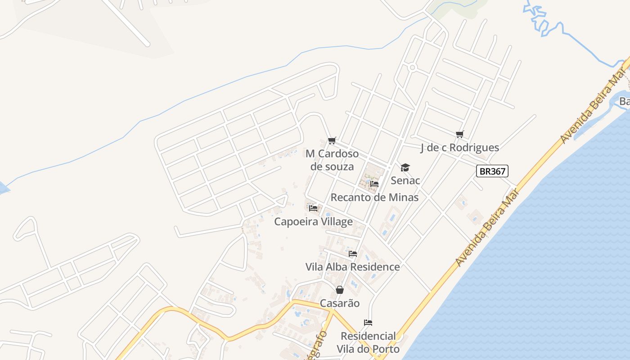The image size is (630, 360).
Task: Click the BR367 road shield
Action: pos(492,171)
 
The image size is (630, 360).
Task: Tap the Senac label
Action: pos(405,180)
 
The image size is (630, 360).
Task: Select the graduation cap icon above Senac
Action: pos(405,168)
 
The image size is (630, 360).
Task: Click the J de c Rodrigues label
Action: pos(459,147)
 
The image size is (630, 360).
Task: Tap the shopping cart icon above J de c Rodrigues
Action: pos(459,134)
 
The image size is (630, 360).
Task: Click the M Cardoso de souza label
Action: pos(332,160)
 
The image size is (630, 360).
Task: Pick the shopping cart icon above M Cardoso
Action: pos(332,141)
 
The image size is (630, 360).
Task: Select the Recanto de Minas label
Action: pos(374,197)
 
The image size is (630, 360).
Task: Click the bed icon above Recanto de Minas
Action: pos(374,184)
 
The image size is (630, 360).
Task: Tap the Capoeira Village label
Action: pos(313,221)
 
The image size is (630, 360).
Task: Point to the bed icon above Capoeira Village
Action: pos(313,208)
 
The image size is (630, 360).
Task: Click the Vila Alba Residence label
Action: pos(352,267)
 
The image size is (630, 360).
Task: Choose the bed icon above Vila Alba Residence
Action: pos(353,254)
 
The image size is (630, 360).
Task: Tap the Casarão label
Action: pos(340,303)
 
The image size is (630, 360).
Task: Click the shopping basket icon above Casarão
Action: pos(340,290)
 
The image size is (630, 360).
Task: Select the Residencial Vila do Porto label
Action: pos(368,342)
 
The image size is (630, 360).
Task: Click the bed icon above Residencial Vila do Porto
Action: pos(368,323)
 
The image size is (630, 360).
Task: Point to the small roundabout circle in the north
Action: pos(413,67)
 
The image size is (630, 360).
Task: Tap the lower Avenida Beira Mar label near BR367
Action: pos(487,228)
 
